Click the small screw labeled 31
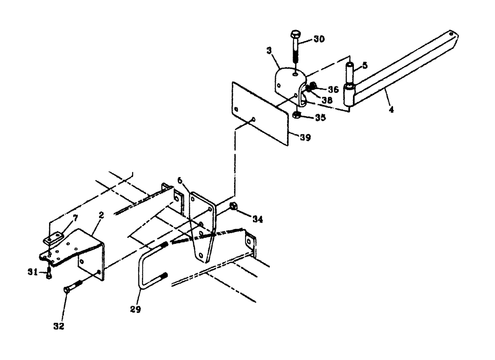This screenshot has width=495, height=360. (49, 273)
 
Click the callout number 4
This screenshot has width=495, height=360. (391, 110)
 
